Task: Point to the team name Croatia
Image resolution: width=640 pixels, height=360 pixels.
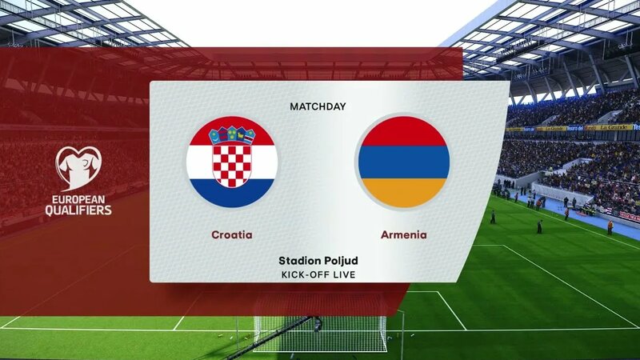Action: [x=232, y=235]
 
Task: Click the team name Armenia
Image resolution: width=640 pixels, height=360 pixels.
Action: [x=403, y=235]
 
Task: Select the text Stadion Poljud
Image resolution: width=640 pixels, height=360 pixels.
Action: [x=318, y=261]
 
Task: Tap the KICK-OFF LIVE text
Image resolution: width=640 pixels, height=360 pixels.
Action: [x=318, y=275]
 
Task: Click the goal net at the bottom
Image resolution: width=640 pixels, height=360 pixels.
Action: [x=320, y=331]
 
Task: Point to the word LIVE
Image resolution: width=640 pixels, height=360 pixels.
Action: [x=342, y=275]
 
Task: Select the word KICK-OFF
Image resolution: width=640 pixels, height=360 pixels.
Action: [x=305, y=275]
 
